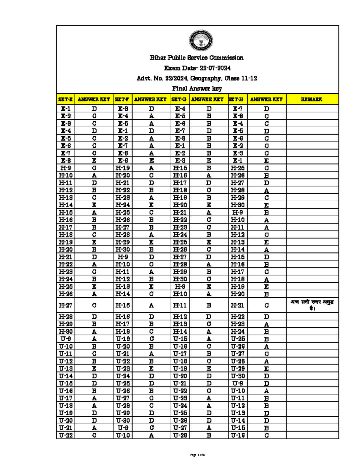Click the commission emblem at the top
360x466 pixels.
click(x=201, y=41)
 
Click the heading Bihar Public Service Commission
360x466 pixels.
click(x=196, y=58)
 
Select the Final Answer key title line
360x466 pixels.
click(x=197, y=89)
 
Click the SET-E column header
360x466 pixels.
click(x=65, y=99)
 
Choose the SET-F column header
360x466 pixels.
click(x=123, y=99)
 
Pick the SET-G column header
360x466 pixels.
click(x=180, y=99)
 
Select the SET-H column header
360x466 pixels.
click(x=237, y=99)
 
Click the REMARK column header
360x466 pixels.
click(x=312, y=99)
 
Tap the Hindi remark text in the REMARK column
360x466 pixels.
click(x=312, y=305)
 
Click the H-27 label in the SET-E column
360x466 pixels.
click(x=65, y=305)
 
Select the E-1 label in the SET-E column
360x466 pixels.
click(x=65, y=109)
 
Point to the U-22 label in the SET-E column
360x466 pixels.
click(x=65, y=435)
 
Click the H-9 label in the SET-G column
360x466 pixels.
click(x=180, y=287)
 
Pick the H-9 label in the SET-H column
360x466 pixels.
click(x=237, y=212)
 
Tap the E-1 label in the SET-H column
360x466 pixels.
click(x=237, y=161)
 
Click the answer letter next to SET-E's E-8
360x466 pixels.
click(x=94, y=161)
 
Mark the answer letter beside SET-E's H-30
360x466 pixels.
click(x=94, y=331)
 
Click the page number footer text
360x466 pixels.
click(x=197, y=455)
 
